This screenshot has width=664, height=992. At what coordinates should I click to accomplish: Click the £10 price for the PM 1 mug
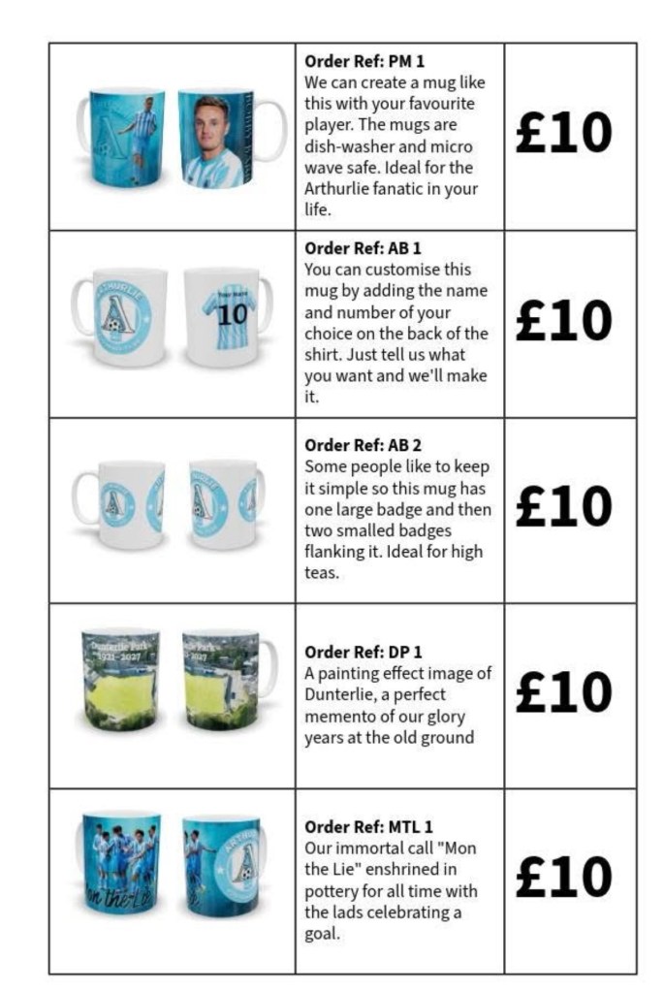563,133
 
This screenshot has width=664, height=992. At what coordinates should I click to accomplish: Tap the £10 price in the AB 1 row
563,320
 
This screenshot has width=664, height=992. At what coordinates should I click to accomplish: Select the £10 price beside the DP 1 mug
563,691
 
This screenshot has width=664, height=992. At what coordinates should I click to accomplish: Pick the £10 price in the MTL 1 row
563,877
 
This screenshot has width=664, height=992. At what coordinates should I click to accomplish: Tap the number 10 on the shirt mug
233,315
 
